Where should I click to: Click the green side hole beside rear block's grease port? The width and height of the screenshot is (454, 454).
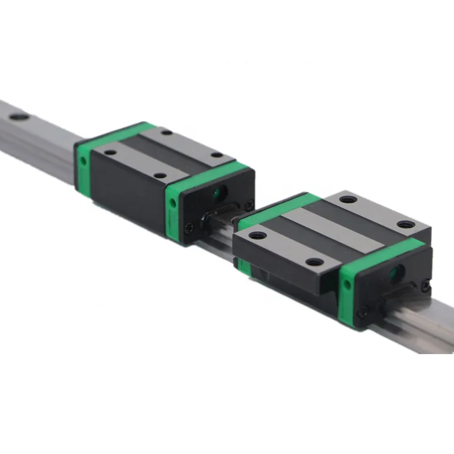pos(173,205)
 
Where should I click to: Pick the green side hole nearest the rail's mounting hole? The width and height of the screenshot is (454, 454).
pos(82,161)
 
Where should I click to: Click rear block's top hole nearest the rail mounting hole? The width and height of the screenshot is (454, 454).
pos(110,153)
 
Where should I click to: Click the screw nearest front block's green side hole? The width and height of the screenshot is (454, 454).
pos(363,313)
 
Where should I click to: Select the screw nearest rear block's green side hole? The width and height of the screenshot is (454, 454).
pos(189,228)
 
